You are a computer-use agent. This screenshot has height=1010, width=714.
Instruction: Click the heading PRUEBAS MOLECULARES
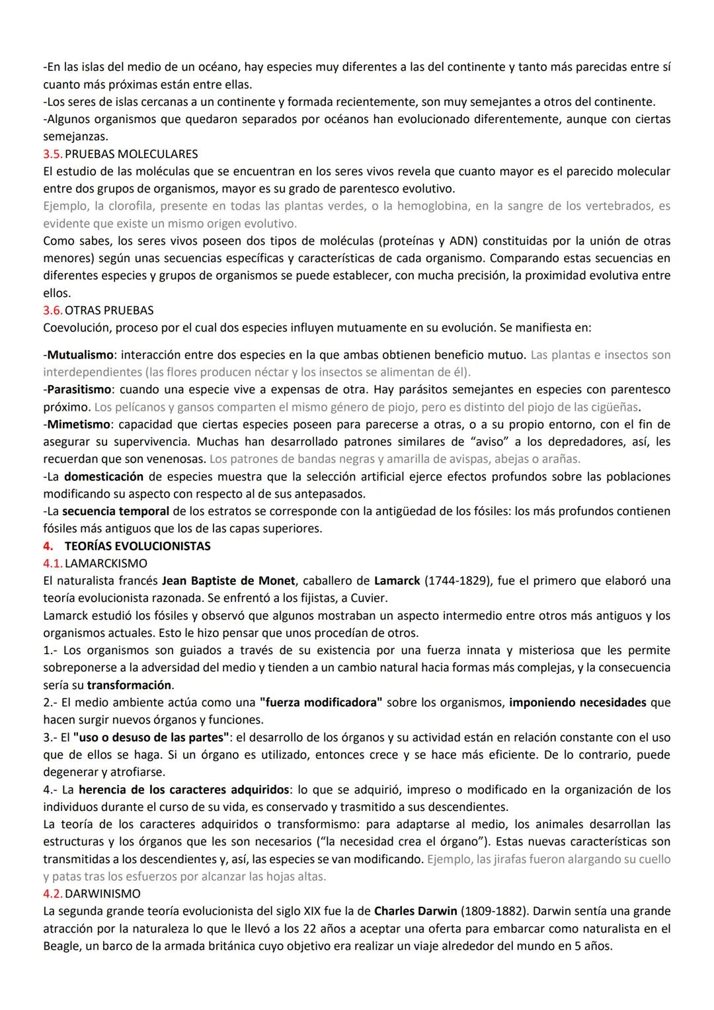pos(131,154)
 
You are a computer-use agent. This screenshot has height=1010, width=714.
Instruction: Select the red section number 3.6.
pos(53,310)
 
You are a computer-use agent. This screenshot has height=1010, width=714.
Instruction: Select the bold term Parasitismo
pos(79,390)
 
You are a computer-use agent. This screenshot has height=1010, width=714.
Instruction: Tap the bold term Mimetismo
pos(77,424)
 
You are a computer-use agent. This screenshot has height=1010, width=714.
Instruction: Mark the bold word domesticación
pos(103,477)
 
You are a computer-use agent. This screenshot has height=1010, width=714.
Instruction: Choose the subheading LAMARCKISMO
pos(106,564)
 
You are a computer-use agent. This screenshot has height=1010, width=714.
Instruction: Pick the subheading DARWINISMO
pos(103,894)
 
